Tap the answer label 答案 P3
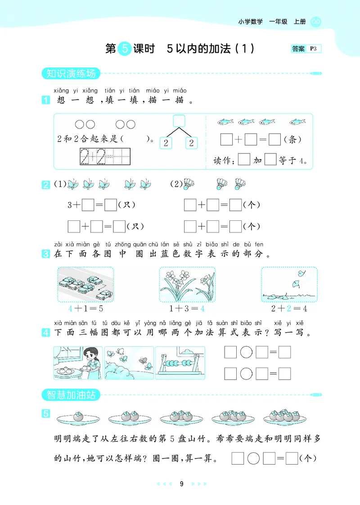click(x=306, y=49)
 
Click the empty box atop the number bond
click(x=179, y=121)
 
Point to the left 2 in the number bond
click(x=166, y=143)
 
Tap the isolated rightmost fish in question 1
click(x=297, y=122)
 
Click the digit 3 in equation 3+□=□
click(x=70, y=205)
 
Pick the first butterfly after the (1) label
click(x=73, y=184)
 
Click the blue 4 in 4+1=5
click(x=70, y=309)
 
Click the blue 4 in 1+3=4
click(x=202, y=309)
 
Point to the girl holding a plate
click(x=92, y=360)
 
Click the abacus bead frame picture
click(x=180, y=363)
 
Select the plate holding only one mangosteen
click(x=78, y=418)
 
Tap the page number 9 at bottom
click(x=181, y=484)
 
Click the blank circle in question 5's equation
click(x=253, y=459)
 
